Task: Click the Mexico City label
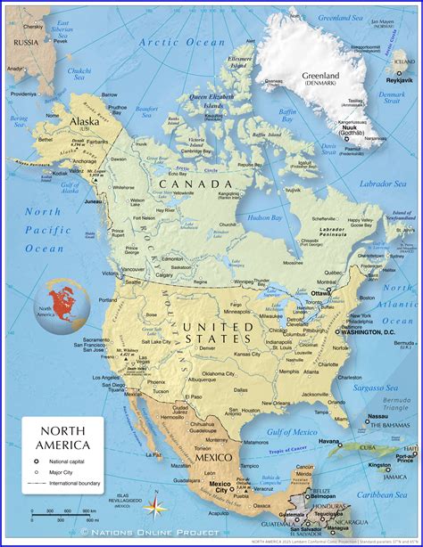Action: pos(220,487)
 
